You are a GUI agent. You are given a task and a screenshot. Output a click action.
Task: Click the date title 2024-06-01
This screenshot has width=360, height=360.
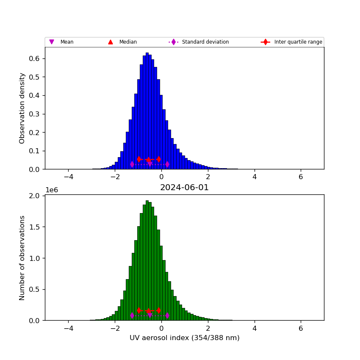(184, 188)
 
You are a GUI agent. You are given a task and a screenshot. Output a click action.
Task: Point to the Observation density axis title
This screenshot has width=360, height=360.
(22, 108)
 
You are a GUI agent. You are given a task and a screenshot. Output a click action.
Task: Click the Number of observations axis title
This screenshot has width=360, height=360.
(22, 258)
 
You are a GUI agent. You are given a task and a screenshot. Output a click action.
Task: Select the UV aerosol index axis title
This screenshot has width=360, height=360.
(184, 338)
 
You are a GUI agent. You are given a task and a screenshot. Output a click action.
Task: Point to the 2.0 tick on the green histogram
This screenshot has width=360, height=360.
(35, 196)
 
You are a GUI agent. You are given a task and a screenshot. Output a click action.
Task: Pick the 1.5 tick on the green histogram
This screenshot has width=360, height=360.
(35, 227)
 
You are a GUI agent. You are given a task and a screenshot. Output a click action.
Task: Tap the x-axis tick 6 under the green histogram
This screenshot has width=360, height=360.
(301, 328)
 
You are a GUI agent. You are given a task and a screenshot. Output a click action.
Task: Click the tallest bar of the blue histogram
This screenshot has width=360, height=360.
(147, 111)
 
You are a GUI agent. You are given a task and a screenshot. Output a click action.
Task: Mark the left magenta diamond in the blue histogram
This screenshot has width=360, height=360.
(132, 164)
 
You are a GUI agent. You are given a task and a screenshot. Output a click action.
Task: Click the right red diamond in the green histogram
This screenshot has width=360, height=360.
(158, 310)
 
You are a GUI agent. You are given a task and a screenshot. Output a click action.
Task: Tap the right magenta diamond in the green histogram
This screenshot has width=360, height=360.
(167, 315)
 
